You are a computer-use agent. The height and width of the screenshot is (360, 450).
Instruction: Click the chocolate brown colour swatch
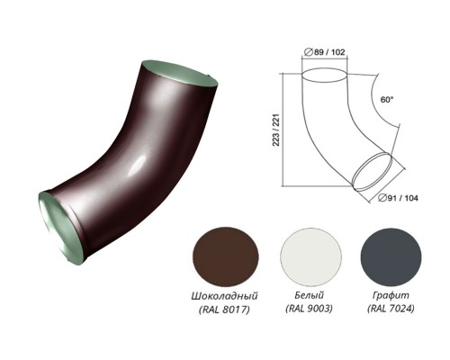click(x=226, y=256)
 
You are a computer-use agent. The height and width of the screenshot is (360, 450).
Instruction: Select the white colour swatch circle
click(x=310, y=256)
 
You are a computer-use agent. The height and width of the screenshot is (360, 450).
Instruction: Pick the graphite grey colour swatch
click(x=391, y=256)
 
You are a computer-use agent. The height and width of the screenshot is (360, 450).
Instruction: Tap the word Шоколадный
click(x=224, y=296)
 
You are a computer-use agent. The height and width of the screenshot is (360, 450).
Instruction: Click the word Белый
click(x=310, y=295)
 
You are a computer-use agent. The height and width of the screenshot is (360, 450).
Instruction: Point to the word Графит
click(x=391, y=296)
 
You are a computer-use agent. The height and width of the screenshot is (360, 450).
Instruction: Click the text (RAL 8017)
click(x=224, y=310)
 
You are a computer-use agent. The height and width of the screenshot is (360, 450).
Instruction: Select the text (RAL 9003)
click(x=309, y=309)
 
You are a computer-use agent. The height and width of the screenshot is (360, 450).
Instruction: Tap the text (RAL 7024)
click(x=391, y=309)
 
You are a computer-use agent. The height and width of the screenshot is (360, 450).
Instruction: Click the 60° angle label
click(x=387, y=100)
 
